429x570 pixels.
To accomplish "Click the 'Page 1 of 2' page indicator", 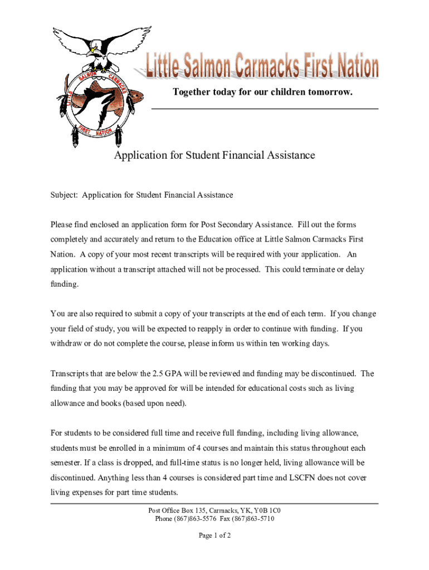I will coord(214,535).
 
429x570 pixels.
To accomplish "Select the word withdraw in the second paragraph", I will coord(66,343).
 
